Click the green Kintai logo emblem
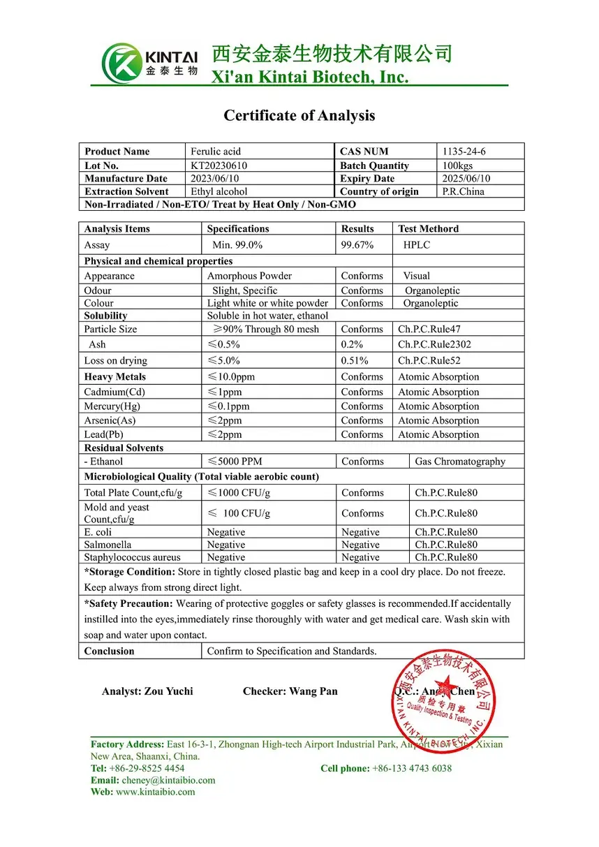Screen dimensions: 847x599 [x=121, y=64]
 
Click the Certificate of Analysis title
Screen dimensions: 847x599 [x=299, y=116]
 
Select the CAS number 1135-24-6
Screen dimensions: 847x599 [x=464, y=152]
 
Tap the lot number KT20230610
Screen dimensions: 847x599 [x=219, y=165]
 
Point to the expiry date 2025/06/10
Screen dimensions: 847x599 [x=466, y=179]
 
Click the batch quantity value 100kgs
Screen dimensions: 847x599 [x=457, y=165]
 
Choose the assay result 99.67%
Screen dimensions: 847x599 [x=357, y=245]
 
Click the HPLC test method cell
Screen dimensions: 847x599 [x=417, y=245]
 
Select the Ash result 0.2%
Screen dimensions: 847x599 [x=352, y=344]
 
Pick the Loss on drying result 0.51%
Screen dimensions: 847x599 [x=355, y=361]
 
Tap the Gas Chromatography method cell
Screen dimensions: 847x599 [x=459, y=462]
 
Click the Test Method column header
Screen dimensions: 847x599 [x=428, y=229]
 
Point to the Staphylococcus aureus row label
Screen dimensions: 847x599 [x=132, y=557]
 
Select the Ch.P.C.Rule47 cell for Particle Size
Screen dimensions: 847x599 [x=429, y=329]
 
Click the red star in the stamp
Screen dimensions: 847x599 [x=444, y=684]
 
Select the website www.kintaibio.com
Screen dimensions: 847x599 [x=155, y=792]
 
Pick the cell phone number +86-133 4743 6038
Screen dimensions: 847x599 [x=412, y=768]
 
